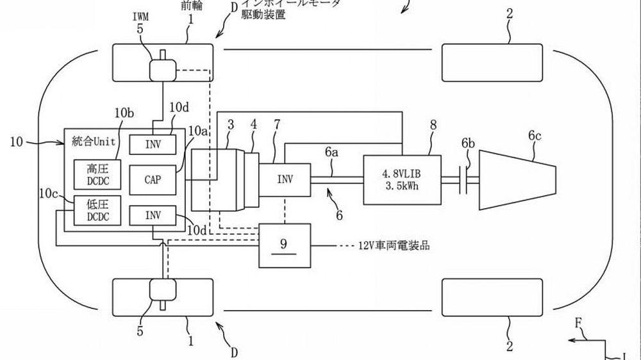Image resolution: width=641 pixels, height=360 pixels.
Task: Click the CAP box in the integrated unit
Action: tap(153, 180)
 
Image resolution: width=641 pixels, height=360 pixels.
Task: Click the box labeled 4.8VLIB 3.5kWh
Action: tap(402, 179)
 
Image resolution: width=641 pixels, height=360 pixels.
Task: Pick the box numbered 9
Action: tap(284, 245)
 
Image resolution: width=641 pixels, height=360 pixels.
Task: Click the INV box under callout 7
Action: tap(284, 180)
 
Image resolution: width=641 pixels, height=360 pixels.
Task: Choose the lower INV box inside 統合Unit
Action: tap(153, 215)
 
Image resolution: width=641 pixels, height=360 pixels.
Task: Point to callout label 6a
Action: tap(331, 152)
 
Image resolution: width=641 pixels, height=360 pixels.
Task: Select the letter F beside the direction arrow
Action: tap(579, 333)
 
